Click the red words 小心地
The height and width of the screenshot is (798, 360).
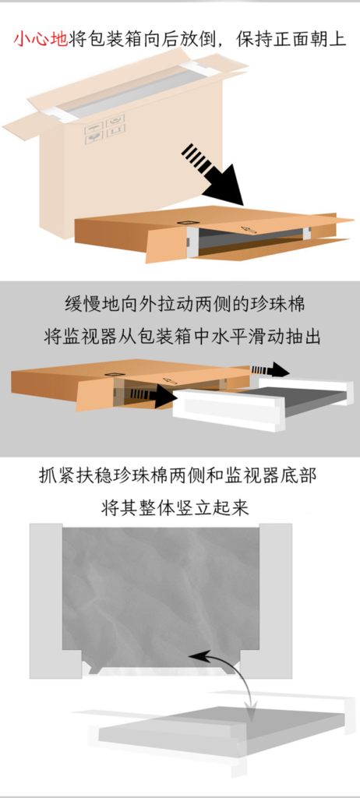pos(41,40)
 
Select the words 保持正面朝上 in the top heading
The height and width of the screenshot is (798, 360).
pos(291,40)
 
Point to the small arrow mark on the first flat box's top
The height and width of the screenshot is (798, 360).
pos(249,230)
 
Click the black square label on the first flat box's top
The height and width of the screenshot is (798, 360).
pos(186,223)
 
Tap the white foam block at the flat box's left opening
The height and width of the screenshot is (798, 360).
pos(190,242)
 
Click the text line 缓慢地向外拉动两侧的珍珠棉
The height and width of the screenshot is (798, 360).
pos(185,305)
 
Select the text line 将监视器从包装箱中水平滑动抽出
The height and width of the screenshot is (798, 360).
pos(182,337)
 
